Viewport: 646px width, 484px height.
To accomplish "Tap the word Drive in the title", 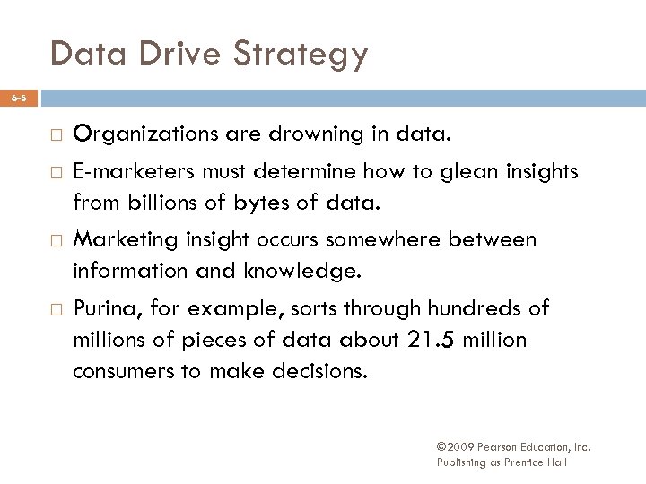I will [170, 54].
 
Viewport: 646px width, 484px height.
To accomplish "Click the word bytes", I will [248, 203].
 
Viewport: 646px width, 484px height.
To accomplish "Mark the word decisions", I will [315, 370].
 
